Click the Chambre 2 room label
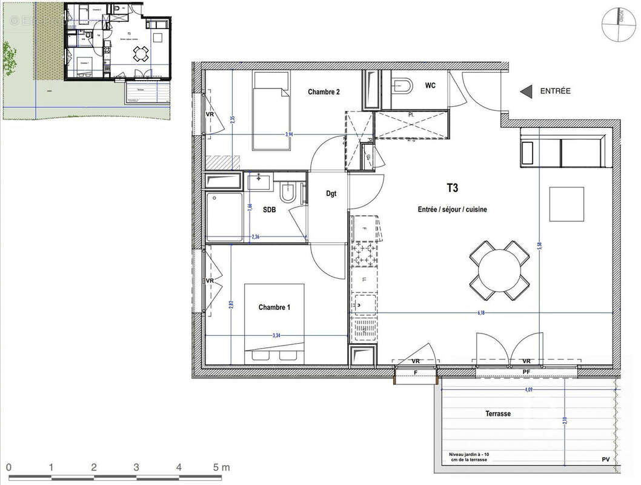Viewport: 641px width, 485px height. pyautogui.click(x=324, y=92)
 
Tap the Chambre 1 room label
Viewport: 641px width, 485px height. pyautogui.click(x=274, y=307)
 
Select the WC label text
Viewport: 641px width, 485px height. pyautogui.click(x=430, y=85)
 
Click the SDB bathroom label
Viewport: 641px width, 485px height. pyautogui.click(x=269, y=209)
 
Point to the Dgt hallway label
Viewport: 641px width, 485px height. pyautogui.click(x=331, y=194)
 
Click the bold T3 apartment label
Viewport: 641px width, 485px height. pyautogui.click(x=451, y=189)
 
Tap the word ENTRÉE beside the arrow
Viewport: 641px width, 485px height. pyautogui.click(x=554, y=91)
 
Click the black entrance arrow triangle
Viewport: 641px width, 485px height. pyautogui.click(x=525, y=92)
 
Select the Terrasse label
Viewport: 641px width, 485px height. pyautogui.click(x=497, y=413)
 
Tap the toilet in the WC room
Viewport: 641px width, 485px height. pyautogui.click(x=401, y=85)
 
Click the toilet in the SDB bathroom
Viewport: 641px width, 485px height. pyautogui.click(x=288, y=193)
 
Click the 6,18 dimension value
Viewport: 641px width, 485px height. pyautogui.click(x=482, y=313)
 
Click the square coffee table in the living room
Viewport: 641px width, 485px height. pyautogui.click(x=566, y=204)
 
